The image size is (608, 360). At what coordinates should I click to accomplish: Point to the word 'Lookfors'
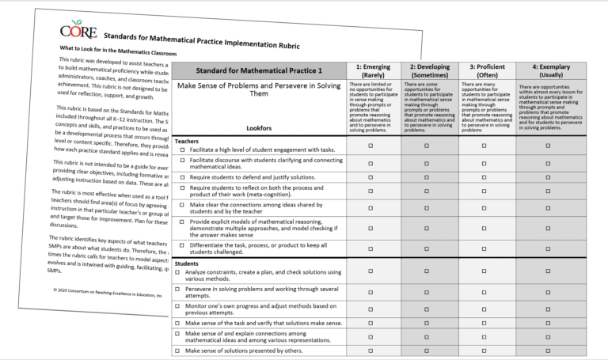click(x=259, y=126)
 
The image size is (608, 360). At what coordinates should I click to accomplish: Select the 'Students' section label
click(x=188, y=263)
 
